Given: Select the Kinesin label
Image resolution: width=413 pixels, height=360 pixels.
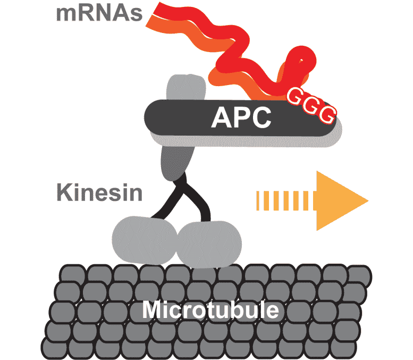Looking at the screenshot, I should (x=99, y=192).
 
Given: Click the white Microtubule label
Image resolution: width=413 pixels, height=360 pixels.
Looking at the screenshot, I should (x=210, y=309).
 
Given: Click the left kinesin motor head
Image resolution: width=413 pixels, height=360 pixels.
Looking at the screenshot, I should (x=143, y=239).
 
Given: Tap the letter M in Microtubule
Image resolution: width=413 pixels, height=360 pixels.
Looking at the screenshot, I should (x=154, y=309).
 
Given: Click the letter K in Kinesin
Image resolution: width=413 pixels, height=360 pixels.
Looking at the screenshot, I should (x=63, y=192).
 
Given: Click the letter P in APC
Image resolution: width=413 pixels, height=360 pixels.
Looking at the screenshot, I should (x=241, y=119).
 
